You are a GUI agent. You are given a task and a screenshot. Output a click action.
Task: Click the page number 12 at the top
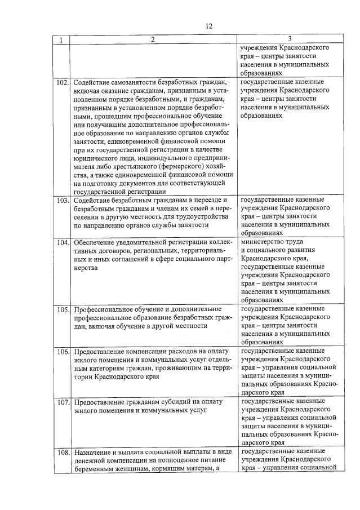pos(209,26)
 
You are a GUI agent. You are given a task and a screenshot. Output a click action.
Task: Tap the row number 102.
pos(62,83)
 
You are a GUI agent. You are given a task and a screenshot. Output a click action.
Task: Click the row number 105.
pos(62,309)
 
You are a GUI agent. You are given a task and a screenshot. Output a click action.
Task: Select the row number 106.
pos(62,352)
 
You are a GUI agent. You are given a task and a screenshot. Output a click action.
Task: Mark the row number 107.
pos(62,402)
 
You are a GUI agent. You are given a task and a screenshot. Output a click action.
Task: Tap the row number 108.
pos(62,453)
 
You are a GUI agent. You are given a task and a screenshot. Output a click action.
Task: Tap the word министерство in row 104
pos(263,242)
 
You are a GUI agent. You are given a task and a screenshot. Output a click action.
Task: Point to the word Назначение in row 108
pos(91,452)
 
